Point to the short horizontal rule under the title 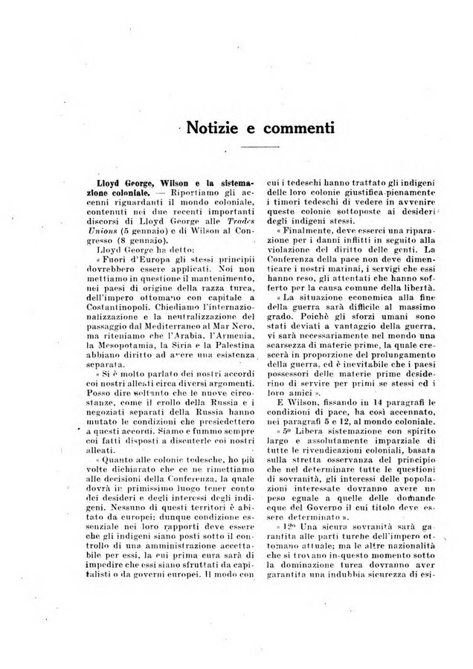(260, 149)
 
